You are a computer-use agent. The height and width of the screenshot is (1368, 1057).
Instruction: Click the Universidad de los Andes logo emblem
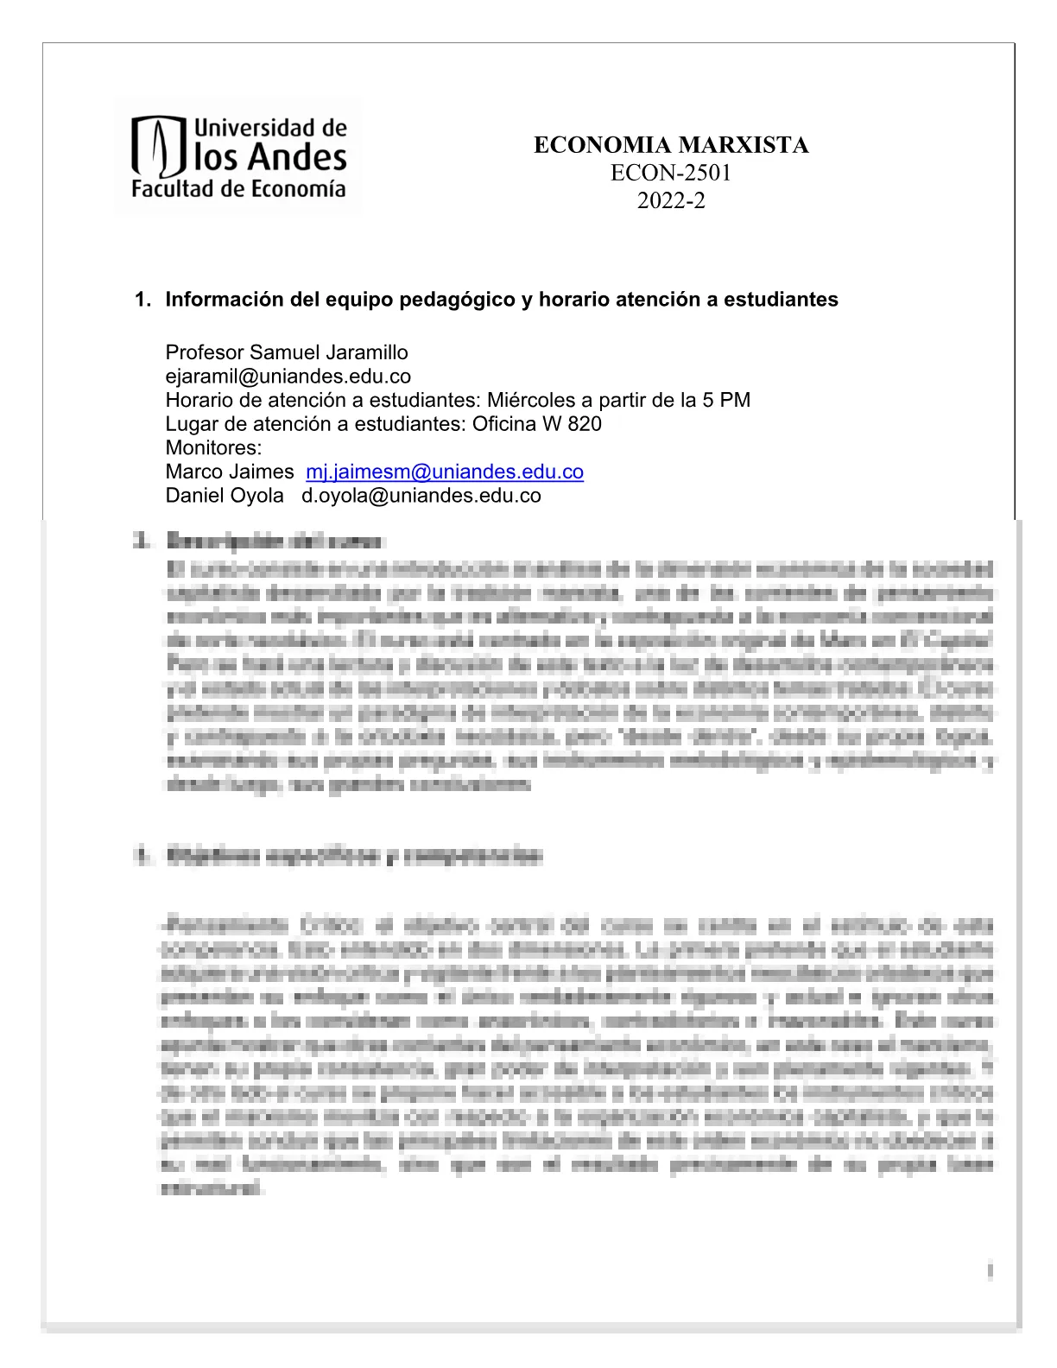[x=158, y=147]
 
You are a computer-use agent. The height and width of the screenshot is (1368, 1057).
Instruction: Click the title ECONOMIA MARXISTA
[x=671, y=145]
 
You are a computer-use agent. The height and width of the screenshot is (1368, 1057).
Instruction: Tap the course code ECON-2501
[x=671, y=173]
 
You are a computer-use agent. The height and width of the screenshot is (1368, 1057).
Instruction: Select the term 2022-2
[x=671, y=200]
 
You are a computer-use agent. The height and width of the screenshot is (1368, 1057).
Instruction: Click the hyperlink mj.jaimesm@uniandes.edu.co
[x=445, y=472]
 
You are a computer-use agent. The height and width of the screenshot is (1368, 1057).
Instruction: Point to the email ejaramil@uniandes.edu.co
[x=288, y=377]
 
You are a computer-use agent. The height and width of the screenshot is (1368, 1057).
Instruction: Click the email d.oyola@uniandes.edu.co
[x=421, y=496]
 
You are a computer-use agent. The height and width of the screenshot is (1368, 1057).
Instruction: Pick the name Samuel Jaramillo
[x=329, y=352]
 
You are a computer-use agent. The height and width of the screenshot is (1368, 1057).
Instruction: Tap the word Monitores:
[x=213, y=447]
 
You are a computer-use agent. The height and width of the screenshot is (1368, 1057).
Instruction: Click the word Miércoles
[x=527, y=400]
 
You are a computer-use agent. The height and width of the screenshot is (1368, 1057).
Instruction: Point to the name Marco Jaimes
[x=230, y=472]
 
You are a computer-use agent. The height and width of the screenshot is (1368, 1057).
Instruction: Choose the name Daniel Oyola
[x=225, y=496]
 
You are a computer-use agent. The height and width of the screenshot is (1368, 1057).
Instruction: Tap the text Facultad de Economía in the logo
[x=238, y=190]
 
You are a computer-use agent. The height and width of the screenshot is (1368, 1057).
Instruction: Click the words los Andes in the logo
[x=270, y=158]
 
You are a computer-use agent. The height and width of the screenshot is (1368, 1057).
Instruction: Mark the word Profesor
[x=205, y=352]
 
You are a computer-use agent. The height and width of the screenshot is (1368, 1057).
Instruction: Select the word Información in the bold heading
[x=219, y=300]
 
